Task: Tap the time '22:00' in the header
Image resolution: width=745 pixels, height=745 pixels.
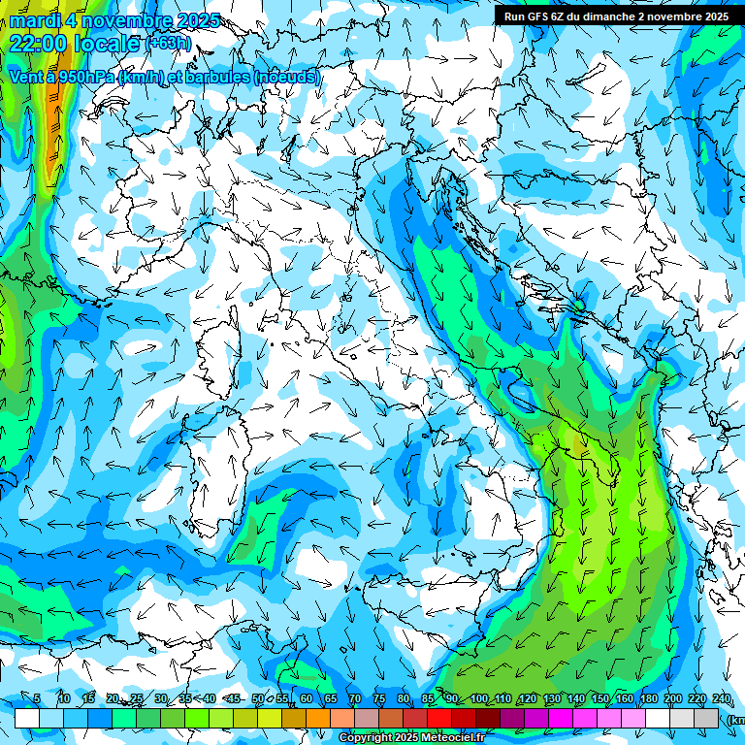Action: coord(38,44)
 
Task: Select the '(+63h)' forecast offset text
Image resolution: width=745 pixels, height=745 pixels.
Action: coord(168,44)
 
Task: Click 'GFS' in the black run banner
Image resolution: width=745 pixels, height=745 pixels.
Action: coord(537,16)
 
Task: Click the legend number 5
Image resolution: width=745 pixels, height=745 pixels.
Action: coord(37,698)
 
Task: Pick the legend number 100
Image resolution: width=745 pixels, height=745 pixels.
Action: coord(478,698)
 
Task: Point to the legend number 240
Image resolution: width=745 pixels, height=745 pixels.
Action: coord(721,698)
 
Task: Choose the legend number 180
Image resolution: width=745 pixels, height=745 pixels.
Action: coord(648,698)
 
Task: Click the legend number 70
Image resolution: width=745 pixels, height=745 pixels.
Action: coord(354,698)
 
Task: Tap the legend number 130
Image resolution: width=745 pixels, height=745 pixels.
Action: coord(551,698)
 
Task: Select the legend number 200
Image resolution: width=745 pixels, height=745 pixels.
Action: coord(672,698)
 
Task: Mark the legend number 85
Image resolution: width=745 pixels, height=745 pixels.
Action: coord(427,698)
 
